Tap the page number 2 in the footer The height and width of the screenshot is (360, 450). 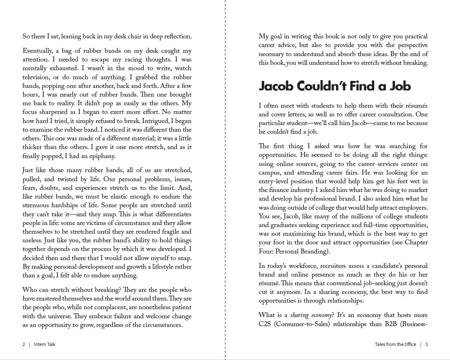click(24, 344)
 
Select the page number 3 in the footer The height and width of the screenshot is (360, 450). click(426, 344)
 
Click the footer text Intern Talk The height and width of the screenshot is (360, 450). click(45, 344)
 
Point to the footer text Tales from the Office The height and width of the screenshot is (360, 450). click(395, 344)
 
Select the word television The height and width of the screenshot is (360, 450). click(38, 77)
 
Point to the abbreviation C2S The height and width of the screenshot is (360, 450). click(264, 324)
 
